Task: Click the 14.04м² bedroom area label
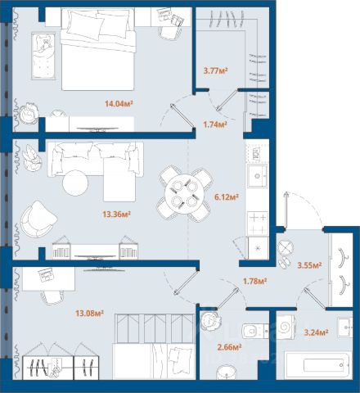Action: pos(119,103)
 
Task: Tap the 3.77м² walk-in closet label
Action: pos(216,71)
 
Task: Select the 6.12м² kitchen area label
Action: pos(227,196)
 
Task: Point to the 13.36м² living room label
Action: pos(116,215)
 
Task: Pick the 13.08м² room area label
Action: pos(89,314)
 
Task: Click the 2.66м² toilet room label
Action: pos(229,347)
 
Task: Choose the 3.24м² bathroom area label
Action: pos(316,332)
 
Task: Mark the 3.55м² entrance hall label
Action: pos(309,265)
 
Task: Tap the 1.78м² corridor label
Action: pos(254,281)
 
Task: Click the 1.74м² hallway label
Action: pos(215,124)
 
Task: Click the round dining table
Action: pos(184,194)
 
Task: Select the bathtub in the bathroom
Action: pos(317,365)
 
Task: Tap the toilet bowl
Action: pos(254,332)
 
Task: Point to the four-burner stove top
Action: pos(258,223)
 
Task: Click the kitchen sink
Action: pos(257,176)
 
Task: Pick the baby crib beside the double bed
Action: pos(43,56)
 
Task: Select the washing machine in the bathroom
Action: pos(286,327)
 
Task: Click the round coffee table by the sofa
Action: pos(75,183)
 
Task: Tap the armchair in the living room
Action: pos(39,219)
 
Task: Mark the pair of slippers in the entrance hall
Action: pos(286,262)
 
